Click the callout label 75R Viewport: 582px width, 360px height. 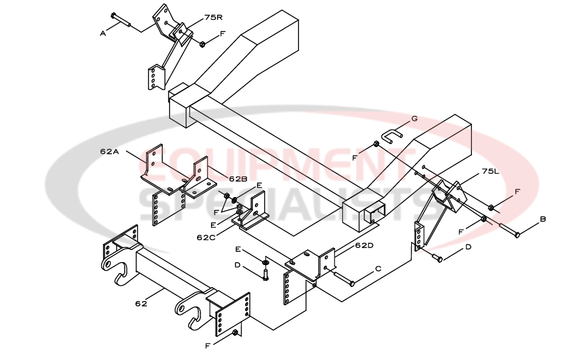coord(196,18)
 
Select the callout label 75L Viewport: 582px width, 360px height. coord(490,171)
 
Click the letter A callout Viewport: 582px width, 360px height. coord(103,33)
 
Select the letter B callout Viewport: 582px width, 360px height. coord(542,219)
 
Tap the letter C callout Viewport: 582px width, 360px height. coord(378,268)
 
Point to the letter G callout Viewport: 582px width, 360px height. coord(414,119)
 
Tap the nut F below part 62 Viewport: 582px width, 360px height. coord(234,332)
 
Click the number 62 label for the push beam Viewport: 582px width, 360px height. coord(141,303)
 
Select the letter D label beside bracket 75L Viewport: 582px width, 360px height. coord(468,247)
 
